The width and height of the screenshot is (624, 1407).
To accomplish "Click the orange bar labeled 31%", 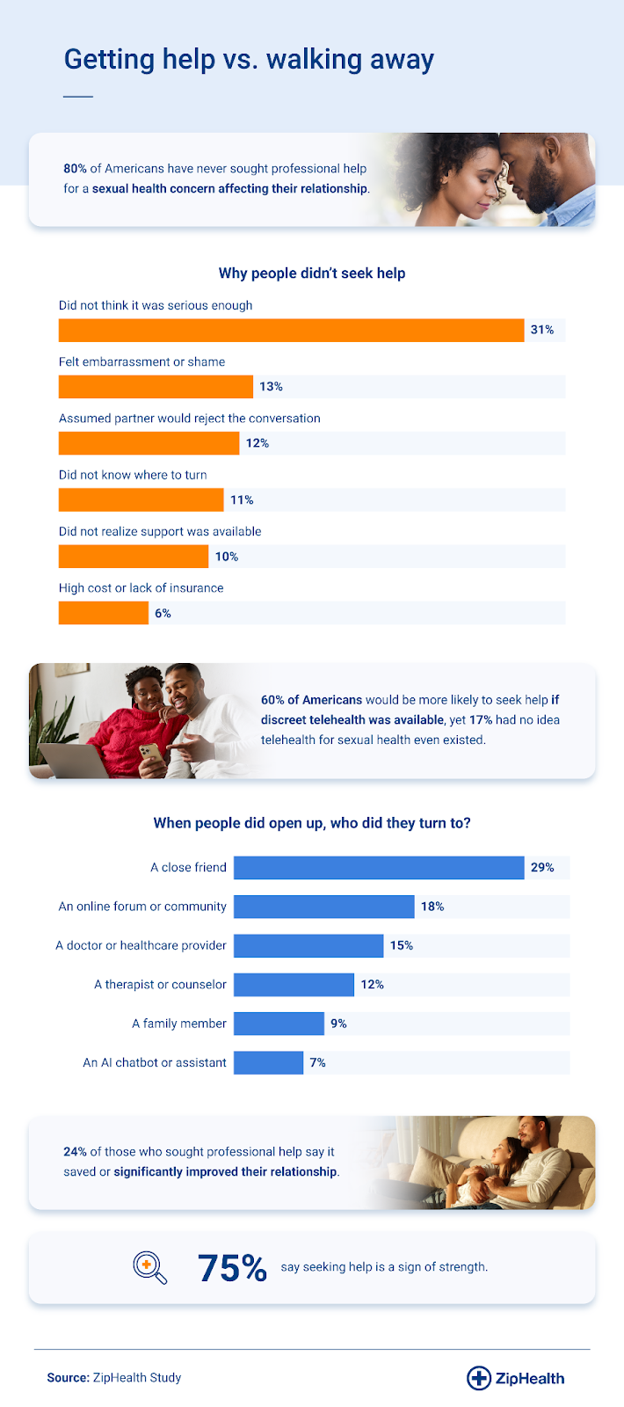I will point(291,330).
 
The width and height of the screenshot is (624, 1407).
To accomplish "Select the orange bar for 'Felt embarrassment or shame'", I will point(156,387).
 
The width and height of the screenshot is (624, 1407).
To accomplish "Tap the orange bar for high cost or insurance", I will point(104,613).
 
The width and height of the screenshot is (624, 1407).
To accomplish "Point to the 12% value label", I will point(258,443).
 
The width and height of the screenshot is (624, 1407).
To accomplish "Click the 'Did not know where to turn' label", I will point(133,475).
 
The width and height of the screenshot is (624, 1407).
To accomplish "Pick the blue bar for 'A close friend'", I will point(379,867).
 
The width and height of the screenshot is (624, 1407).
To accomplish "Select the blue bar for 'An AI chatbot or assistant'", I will point(268,1062).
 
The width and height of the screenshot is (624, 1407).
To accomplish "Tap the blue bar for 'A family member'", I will point(279,1024).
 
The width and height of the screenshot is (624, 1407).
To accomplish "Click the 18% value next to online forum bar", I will point(432,907).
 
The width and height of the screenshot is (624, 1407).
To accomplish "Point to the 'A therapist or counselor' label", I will point(160,984).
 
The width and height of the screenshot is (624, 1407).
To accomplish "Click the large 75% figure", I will point(232,1268).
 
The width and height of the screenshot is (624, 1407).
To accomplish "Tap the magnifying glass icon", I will point(149,1267).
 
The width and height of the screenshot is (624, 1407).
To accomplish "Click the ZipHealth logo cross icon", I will point(478,1378).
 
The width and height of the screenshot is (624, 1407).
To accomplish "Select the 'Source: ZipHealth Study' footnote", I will point(114,1377).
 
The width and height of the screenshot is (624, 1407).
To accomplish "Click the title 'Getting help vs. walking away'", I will point(249,59).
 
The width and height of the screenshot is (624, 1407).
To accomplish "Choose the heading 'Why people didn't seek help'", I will point(312,273).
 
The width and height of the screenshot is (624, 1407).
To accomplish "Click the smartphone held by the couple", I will point(150,754).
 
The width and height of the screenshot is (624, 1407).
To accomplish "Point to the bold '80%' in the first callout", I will point(75,168).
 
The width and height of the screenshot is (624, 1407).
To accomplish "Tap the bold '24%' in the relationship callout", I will point(75,1151).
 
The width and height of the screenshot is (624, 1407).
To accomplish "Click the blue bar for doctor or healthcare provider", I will point(308,945).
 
